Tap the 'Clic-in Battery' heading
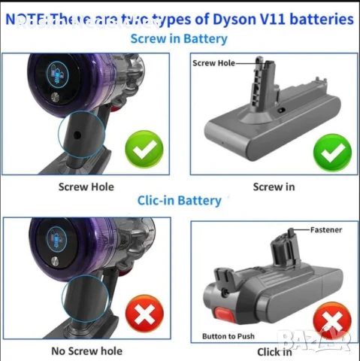pyautogui.click(x=179, y=200)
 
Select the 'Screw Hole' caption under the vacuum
pyautogui.click(x=87, y=187)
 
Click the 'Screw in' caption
pyautogui.click(x=268, y=187)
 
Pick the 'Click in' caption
pyautogui.click(x=274, y=351)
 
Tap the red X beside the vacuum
pyautogui.click(x=139, y=314)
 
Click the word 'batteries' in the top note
pyautogui.click(x=324, y=18)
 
